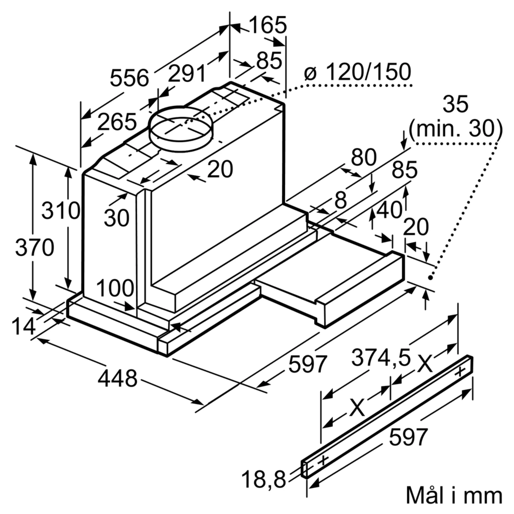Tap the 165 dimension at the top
pyautogui.click(x=268, y=25)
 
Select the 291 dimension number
pyautogui.click(x=187, y=74)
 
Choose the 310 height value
pyautogui.click(x=61, y=211)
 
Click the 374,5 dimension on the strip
pyautogui.click(x=381, y=358)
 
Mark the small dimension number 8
pyautogui.click(x=341, y=200)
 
